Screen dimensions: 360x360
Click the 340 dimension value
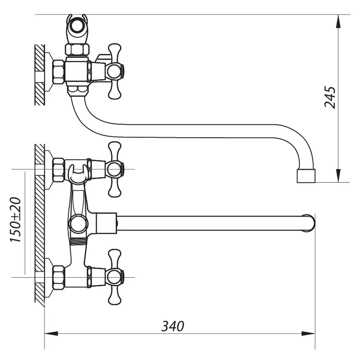(x=173, y=326)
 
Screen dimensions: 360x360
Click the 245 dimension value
(x=330, y=97)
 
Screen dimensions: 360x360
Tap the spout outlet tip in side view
(x=306, y=176)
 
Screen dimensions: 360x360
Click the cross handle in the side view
(x=114, y=72)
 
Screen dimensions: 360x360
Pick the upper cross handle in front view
(x=115, y=169)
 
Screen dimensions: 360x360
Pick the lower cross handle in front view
(x=115, y=276)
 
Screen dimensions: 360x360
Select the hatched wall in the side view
(x=39, y=75)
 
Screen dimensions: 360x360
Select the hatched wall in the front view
(x=39, y=224)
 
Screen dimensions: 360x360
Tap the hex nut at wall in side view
(x=58, y=72)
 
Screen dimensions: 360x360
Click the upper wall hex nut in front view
(x=58, y=169)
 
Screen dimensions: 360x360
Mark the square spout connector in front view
(x=106, y=223)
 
